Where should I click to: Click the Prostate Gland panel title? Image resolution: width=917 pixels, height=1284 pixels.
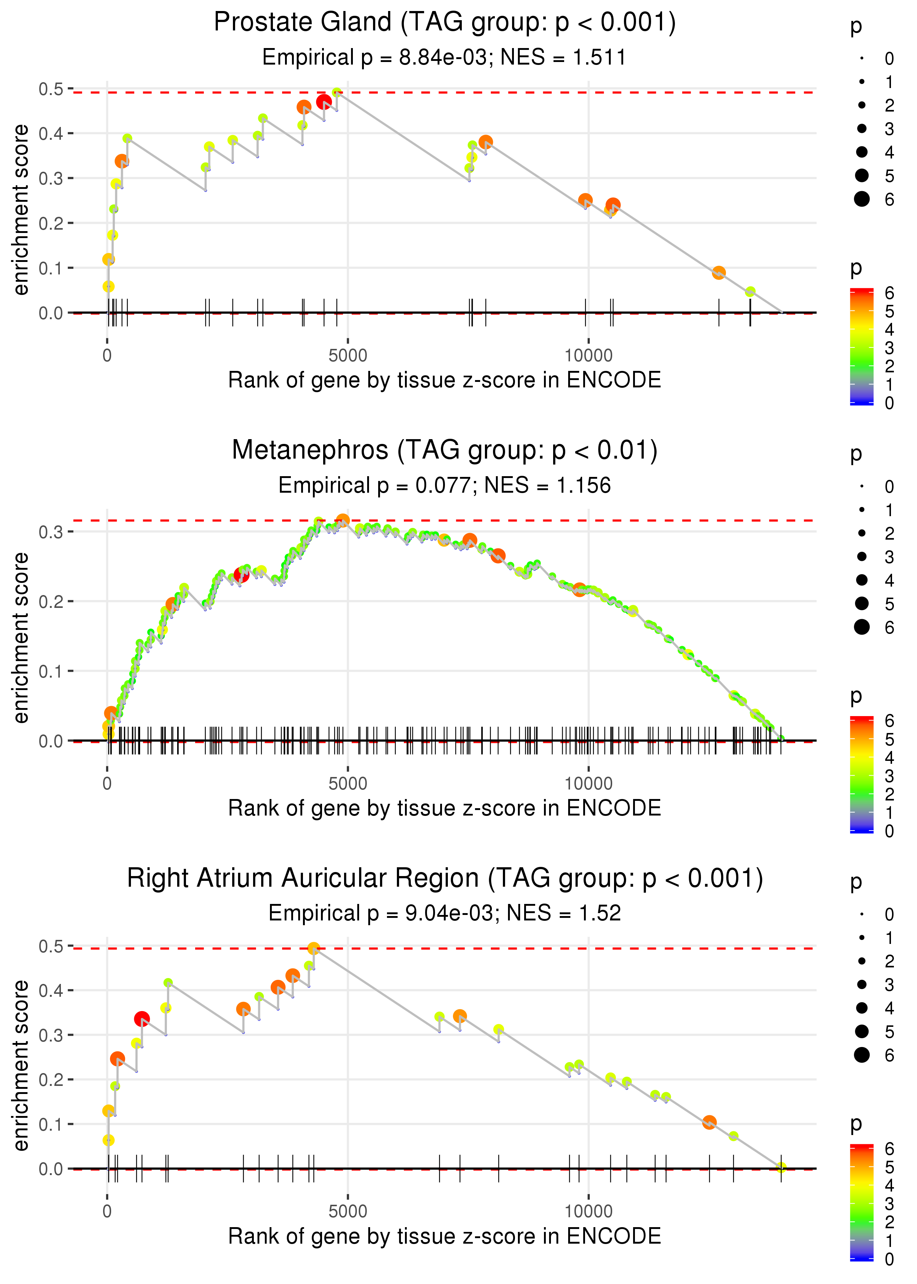(445, 23)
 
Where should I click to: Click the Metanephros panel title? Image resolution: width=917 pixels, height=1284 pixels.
(445, 451)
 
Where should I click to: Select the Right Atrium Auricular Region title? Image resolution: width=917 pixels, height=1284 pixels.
(445, 879)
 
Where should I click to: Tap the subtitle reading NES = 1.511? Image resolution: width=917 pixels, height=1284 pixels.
(445, 58)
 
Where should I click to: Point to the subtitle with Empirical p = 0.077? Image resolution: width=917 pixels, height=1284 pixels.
(445, 486)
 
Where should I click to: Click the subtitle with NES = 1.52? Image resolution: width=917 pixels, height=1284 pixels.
(445, 913)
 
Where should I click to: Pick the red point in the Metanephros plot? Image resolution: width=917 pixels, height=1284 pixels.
(241, 575)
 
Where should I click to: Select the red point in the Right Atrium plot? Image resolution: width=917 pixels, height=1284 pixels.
(142, 1019)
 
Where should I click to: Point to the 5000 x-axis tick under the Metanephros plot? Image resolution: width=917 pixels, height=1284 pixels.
(348, 784)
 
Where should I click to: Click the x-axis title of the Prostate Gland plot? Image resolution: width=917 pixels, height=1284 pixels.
(445, 380)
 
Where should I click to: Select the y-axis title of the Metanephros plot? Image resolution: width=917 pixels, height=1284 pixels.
(21, 638)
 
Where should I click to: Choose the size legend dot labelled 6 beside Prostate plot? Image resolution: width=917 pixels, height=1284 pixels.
(862, 199)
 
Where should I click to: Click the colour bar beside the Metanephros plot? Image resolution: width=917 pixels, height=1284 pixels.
(862, 774)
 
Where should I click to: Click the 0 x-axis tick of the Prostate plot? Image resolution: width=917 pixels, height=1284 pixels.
(107, 356)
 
